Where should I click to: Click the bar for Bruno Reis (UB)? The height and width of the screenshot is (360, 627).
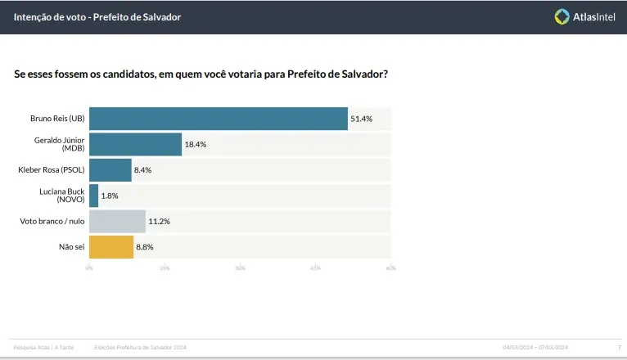coord(218,119)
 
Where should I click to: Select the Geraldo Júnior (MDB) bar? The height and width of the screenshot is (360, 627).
coord(135,144)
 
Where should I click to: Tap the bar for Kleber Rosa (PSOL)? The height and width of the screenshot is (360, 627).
coord(110,170)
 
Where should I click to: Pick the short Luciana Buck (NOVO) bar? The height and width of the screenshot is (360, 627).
coord(93,196)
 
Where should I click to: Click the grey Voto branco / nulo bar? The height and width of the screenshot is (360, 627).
coord(117,221)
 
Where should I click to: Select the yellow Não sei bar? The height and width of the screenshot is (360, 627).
coord(111,246)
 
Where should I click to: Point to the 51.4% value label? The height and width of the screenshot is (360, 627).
coord(362,119)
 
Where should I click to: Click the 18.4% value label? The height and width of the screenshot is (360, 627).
coord(196,144)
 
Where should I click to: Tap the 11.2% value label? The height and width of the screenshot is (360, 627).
coord(159,221)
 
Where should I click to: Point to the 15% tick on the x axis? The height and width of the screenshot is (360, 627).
coord(165,268)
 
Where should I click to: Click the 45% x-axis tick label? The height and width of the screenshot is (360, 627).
coord(315,268)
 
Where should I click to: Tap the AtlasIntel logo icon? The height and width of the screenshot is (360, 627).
coord(562,16)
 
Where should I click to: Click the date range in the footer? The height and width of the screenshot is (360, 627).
coord(535,348)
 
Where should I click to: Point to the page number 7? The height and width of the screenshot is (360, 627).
coord(619,348)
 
